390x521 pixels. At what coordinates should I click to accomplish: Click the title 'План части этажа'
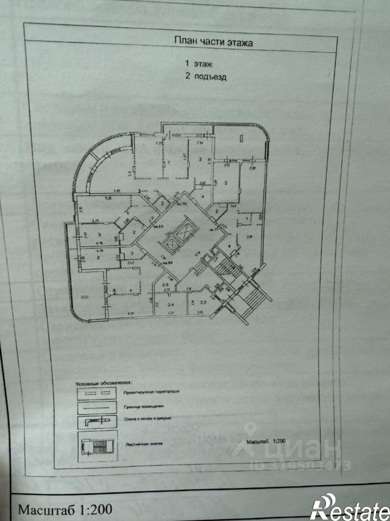tap(213, 41)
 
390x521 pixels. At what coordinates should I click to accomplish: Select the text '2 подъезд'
tap(206, 76)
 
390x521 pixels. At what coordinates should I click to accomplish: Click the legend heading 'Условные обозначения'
tap(104, 383)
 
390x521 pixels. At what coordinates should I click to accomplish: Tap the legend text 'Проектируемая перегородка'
tap(151, 392)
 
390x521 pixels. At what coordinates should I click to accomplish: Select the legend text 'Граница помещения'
tap(144, 406)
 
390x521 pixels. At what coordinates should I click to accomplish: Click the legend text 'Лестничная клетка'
tap(144, 443)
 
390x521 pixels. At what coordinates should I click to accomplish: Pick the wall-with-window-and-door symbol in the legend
tap(97, 420)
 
